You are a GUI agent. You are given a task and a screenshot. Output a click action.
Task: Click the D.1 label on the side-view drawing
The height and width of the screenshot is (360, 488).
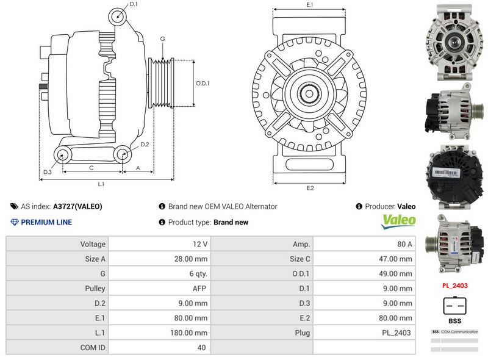tap(134, 5)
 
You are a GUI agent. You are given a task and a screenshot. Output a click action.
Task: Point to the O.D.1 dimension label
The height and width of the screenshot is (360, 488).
tap(203, 84)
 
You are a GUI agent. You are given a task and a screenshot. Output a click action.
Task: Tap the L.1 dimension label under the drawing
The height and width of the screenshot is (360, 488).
tap(101, 184)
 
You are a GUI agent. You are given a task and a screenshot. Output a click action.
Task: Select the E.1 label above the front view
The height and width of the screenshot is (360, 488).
tap(310, 5)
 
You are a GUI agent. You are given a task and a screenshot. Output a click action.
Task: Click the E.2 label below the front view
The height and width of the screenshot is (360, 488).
tap(310, 188)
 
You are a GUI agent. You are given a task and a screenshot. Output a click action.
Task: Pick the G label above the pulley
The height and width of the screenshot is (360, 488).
tap(162, 38)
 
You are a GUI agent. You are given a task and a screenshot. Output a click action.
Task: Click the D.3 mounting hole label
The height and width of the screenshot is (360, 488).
tap(47, 172)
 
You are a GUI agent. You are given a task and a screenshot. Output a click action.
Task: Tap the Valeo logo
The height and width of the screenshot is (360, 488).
tap(398, 221)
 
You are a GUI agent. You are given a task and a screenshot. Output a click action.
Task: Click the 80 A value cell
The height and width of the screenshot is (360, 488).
tap(404, 244)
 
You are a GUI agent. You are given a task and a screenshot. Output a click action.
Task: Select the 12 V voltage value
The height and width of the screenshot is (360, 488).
tap(200, 244)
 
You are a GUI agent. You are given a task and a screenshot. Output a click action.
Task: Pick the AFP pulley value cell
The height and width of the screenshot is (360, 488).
tap(200, 289)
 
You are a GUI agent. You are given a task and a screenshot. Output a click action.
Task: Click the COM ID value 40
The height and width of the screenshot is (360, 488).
tap(201, 348)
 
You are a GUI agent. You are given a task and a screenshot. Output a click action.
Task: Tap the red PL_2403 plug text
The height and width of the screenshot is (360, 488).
tap(454, 285)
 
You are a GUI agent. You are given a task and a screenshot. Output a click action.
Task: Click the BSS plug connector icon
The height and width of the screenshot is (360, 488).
tap(454, 304)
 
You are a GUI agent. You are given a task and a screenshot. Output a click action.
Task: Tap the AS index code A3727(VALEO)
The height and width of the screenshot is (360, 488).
tap(77, 207)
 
